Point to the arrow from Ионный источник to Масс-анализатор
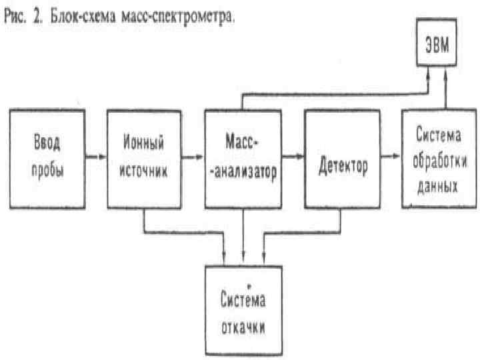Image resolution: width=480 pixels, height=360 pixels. coord(193,158)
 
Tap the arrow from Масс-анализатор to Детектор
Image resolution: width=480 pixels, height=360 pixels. coord(292,158)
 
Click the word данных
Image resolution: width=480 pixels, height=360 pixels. coord(438,186)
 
